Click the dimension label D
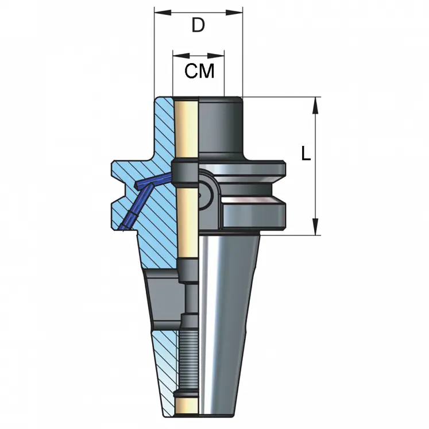[198, 25]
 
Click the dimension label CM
[199, 71]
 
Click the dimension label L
[306, 154]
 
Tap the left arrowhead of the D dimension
[159, 11]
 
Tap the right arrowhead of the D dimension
[238, 11]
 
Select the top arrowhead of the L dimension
[315, 102]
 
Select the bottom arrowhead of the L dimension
[315, 230]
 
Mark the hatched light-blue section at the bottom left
[163, 368]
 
